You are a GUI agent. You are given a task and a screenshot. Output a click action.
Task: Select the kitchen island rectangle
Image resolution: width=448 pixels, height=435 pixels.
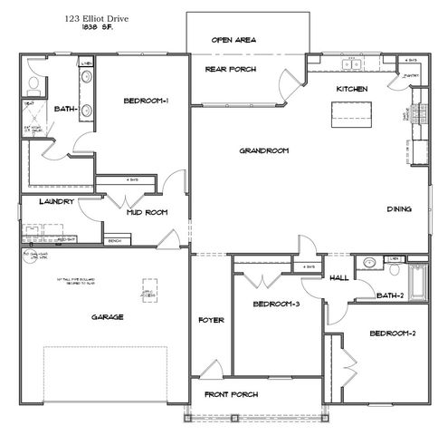[x=352, y=111]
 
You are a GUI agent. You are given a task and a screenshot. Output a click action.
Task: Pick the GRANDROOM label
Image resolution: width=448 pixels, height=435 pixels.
[x=263, y=150]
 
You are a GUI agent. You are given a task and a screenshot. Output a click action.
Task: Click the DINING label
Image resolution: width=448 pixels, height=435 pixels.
[x=399, y=208]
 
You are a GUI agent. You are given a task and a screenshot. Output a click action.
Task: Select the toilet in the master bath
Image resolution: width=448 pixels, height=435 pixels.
[x=32, y=86]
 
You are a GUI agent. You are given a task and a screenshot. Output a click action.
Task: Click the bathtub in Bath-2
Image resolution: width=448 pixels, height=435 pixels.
[x=418, y=281]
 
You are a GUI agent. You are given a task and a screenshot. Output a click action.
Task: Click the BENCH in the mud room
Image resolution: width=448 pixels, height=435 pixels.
[x=115, y=241]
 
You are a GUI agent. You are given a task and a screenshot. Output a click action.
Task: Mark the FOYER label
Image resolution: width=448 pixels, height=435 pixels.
[x=211, y=321]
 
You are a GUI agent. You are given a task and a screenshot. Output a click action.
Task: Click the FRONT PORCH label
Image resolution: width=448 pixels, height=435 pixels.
[x=233, y=394]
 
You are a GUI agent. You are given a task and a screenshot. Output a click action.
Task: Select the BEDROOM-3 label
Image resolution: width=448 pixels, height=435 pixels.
[x=277, y=304]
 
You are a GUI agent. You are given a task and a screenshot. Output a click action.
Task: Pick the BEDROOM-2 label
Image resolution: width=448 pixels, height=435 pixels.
[x=392, y=333]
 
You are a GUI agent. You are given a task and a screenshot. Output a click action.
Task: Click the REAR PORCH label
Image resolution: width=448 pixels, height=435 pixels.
[x=230, y=69]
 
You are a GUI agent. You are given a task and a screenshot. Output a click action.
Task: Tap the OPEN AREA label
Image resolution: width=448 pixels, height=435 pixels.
[x=234, y=40]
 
